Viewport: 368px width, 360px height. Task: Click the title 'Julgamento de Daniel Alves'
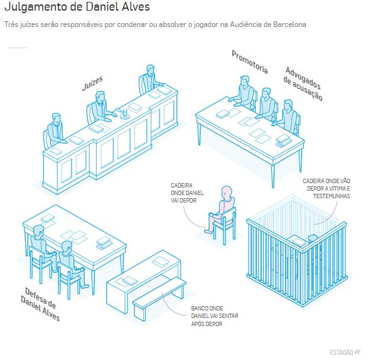click(77, 6)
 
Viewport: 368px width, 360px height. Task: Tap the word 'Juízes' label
click(92, 83)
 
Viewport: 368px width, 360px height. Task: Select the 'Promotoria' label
click(250, 62)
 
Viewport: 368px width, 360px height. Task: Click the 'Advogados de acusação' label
click(303, 83)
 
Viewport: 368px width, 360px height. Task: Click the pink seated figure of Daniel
click(221, 209)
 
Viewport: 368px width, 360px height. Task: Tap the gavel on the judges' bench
click(124, 113)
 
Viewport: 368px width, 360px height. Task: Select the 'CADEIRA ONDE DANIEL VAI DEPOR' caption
click(187, 193)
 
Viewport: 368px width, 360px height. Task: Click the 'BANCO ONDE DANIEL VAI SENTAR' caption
click(215, 316)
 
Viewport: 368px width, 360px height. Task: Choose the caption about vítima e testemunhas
click(326, 188)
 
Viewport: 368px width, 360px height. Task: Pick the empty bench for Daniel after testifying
click(160, 298)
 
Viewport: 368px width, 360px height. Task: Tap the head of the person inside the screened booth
click(313, 239)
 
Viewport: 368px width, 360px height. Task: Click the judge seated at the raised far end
click(149, 80)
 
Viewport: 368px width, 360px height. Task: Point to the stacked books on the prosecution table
click(284, 140)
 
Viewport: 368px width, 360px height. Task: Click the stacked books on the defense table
click(104, 243)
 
